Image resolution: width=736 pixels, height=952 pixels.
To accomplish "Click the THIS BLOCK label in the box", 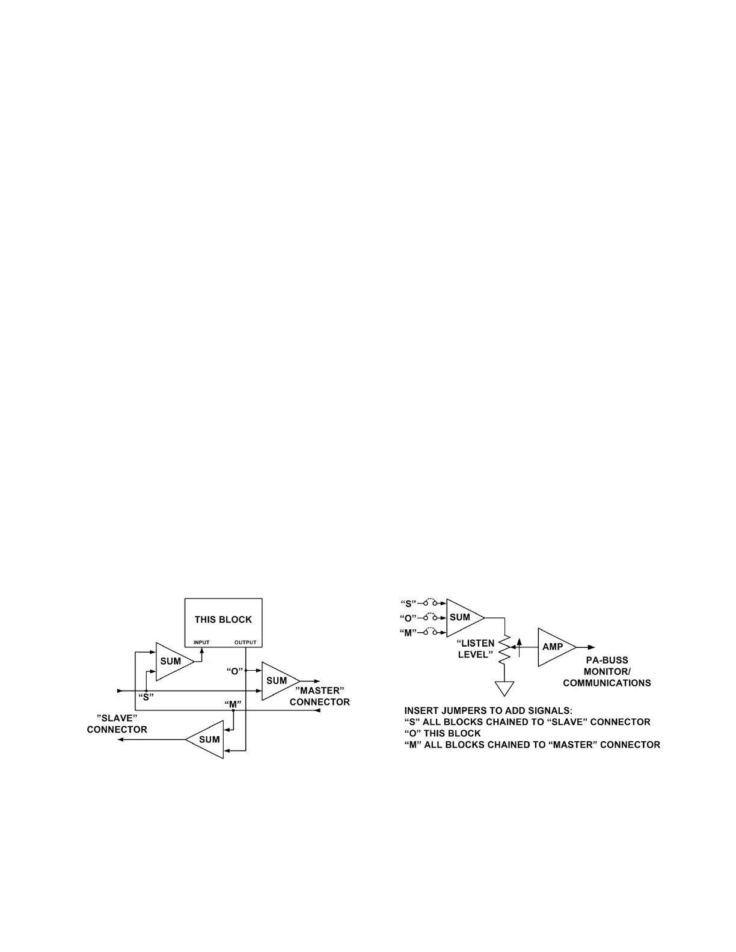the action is coord(223,620).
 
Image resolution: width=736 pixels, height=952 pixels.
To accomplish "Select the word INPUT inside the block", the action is coord(201,642).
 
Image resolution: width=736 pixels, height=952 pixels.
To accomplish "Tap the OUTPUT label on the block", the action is coord(245,642).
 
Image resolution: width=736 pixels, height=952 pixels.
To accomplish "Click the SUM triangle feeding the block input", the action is coord(171,661).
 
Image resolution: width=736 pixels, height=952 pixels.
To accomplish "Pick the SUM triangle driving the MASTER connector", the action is coord(277,681).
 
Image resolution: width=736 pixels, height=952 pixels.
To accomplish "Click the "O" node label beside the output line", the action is coord(234,670).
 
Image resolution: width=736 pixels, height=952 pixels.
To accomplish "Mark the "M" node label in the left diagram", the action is coord(232,704).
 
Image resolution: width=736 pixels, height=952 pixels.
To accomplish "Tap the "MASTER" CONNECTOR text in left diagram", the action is coord(319,696).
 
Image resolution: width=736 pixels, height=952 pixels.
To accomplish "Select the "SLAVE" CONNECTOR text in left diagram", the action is coord(117,724).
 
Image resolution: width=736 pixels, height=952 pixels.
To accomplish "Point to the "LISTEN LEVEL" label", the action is coord(476,648).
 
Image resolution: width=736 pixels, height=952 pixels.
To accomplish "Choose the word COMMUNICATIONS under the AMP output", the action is coord(607,683).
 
